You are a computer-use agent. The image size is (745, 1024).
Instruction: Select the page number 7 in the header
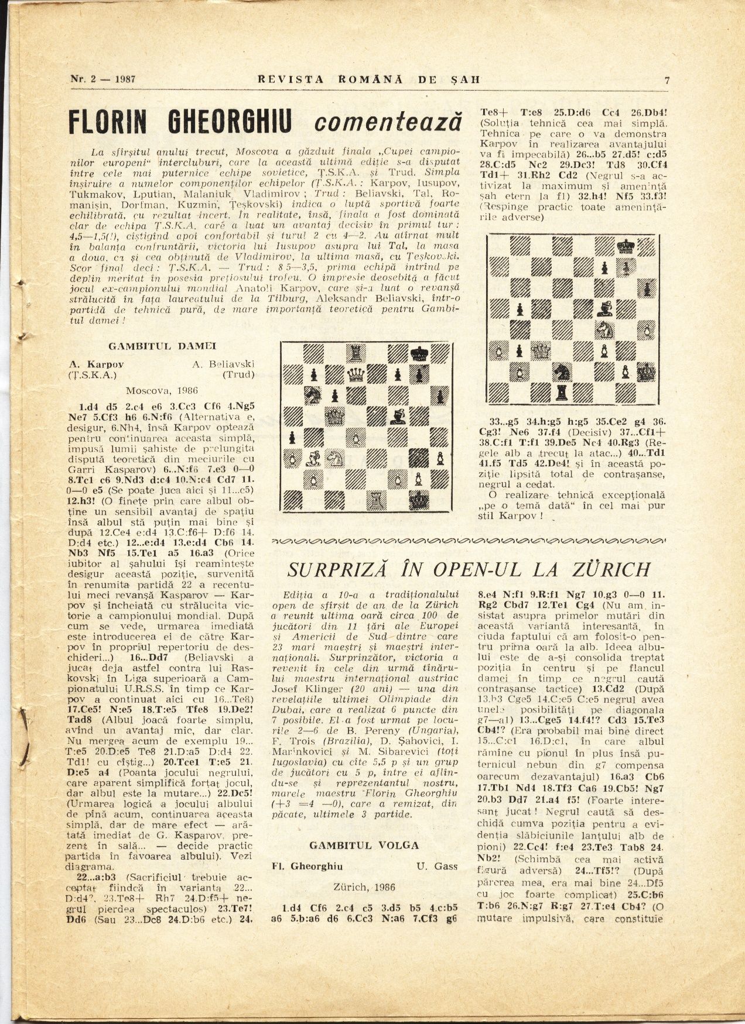tap(667, 81)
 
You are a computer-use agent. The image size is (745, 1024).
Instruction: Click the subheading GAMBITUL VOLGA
tap(364, 846)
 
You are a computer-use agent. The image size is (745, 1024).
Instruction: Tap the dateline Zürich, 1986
tap(364, 886)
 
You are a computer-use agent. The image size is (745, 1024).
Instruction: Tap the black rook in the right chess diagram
tap(563, 391)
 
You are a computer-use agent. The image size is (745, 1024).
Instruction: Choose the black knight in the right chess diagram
tap(563, 371)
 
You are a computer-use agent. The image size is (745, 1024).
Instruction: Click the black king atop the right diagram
tap(626, 245)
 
